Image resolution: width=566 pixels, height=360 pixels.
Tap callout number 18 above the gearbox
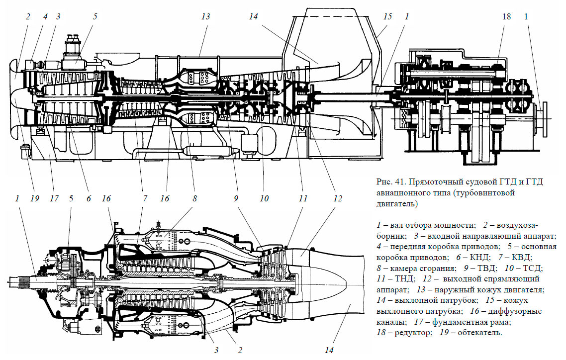click(x=506, y=16)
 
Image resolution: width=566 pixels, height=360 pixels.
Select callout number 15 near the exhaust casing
click(x=387, y=16)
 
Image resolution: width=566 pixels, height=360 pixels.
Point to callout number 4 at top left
click(x=45, y=16)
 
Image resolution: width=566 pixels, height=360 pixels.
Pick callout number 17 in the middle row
click(x=54, y=198)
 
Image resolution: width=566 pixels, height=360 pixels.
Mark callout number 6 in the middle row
click(x=88, y=198)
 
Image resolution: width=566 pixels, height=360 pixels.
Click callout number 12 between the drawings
click(x=338, y=198)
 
